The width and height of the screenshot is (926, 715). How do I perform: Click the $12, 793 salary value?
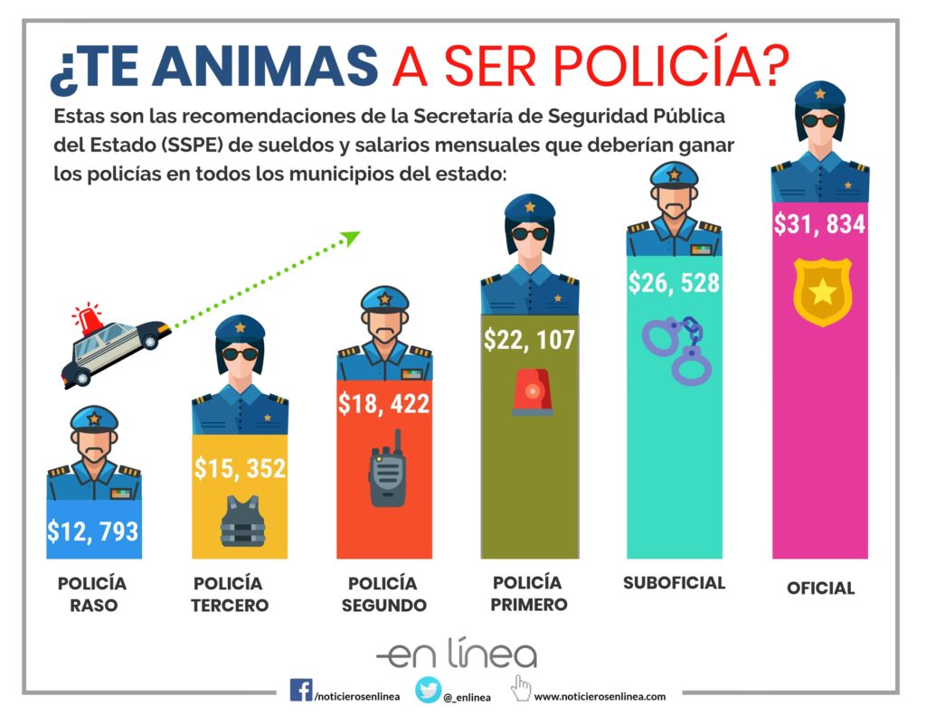[x=93, y=530]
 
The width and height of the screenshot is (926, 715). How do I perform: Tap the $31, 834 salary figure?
[x=819, y=223]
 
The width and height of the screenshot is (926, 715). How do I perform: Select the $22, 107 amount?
[x=529, y=340]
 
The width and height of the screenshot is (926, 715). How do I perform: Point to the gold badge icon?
[x=822, y=291]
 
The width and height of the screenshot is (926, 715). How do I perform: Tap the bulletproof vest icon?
[x=242, y=522]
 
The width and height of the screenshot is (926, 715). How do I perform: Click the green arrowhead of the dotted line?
[x=351, y=237]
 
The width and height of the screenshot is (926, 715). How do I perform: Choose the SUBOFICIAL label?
[x=674, y=583]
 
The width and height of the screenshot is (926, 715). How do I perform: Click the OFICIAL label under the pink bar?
[x=820, y=588]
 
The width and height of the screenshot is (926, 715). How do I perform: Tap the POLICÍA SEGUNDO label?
[x=383, y=594]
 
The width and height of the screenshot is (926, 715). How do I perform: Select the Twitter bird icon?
[x=428, y=690]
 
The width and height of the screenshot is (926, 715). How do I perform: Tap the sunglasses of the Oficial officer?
[x=820, y=120]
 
